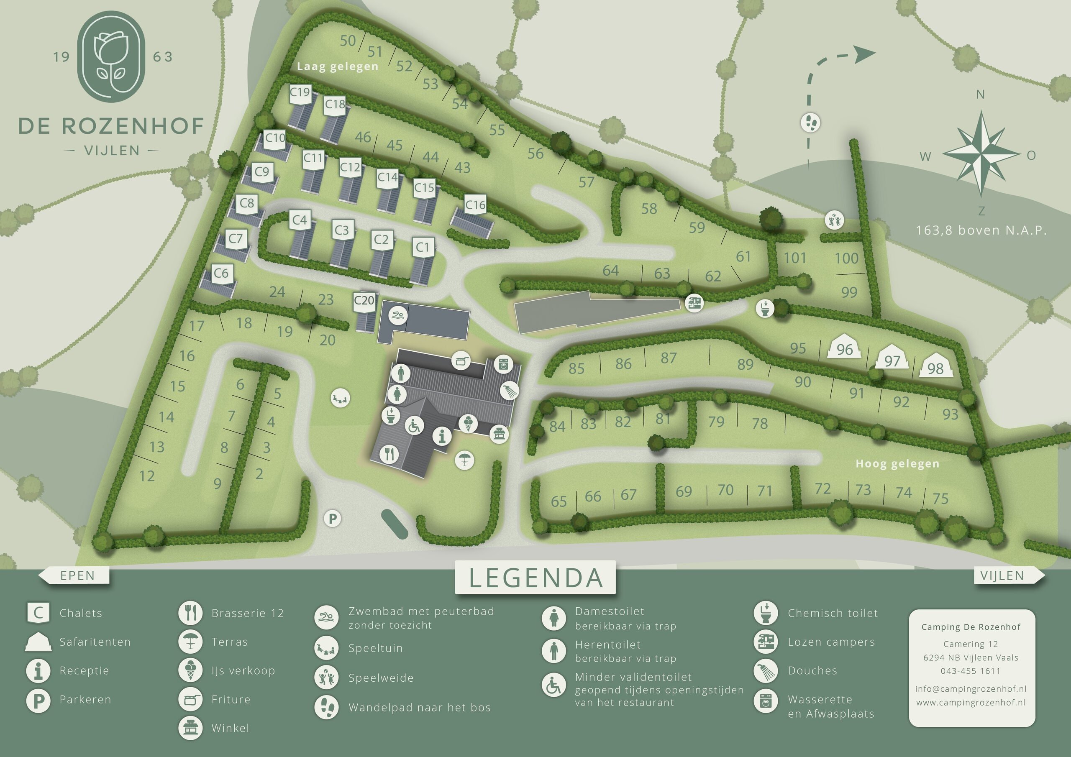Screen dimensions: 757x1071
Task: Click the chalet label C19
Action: click(300, 92)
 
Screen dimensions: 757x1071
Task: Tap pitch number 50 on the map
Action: click(348, 41)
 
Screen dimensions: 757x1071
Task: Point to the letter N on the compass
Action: click(980, 95)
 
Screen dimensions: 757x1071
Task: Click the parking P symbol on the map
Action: click(333, 518)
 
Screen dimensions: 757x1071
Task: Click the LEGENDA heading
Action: click(535, 578)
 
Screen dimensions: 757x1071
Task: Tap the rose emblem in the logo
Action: click(110, 56)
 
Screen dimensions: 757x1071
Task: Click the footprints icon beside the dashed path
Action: click(810, 123)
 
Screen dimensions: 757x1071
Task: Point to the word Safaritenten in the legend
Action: click(95, 642)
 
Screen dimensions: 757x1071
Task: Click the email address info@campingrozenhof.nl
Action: click(970, 688)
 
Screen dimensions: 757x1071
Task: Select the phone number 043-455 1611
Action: click(970, 671)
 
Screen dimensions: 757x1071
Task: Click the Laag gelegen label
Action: click(337, 66)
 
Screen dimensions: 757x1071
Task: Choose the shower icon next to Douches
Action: click(766, 671)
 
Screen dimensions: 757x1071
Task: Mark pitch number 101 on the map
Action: click(795, 258)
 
